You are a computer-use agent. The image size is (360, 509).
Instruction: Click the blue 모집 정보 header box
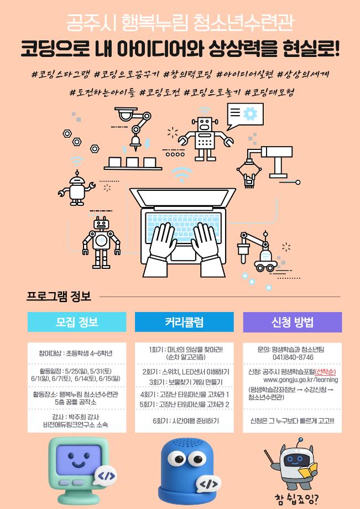[77, 322]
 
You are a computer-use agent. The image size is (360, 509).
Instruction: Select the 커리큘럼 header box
[184, 322]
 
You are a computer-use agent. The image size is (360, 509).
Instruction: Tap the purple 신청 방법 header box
[292, 322]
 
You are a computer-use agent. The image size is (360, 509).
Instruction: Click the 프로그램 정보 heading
[59, 297]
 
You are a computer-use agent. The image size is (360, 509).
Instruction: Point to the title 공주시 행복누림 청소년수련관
[180, 23]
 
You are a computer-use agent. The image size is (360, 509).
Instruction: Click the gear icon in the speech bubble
[251, 113]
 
